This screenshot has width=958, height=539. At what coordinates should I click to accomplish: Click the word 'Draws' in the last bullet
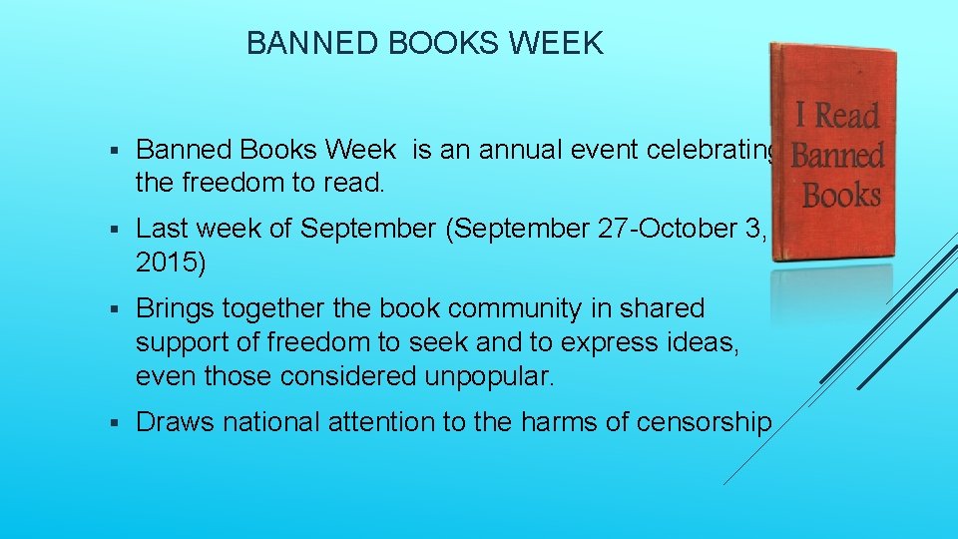pyautogui.click(x=175, y=423)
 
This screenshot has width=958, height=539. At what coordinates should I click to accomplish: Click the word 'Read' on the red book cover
pyautogui.click(x=848, y=117)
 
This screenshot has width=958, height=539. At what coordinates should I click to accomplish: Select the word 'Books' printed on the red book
pyautogui.click(x=840, y=195)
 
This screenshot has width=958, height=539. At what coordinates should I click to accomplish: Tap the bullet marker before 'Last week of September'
pyautogui.click(x=115, y=230)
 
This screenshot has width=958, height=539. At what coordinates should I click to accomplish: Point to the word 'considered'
pyautogui.click(x=350, y=376)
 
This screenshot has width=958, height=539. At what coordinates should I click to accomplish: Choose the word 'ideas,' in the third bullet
pyautogui.click(x=710, y=343)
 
